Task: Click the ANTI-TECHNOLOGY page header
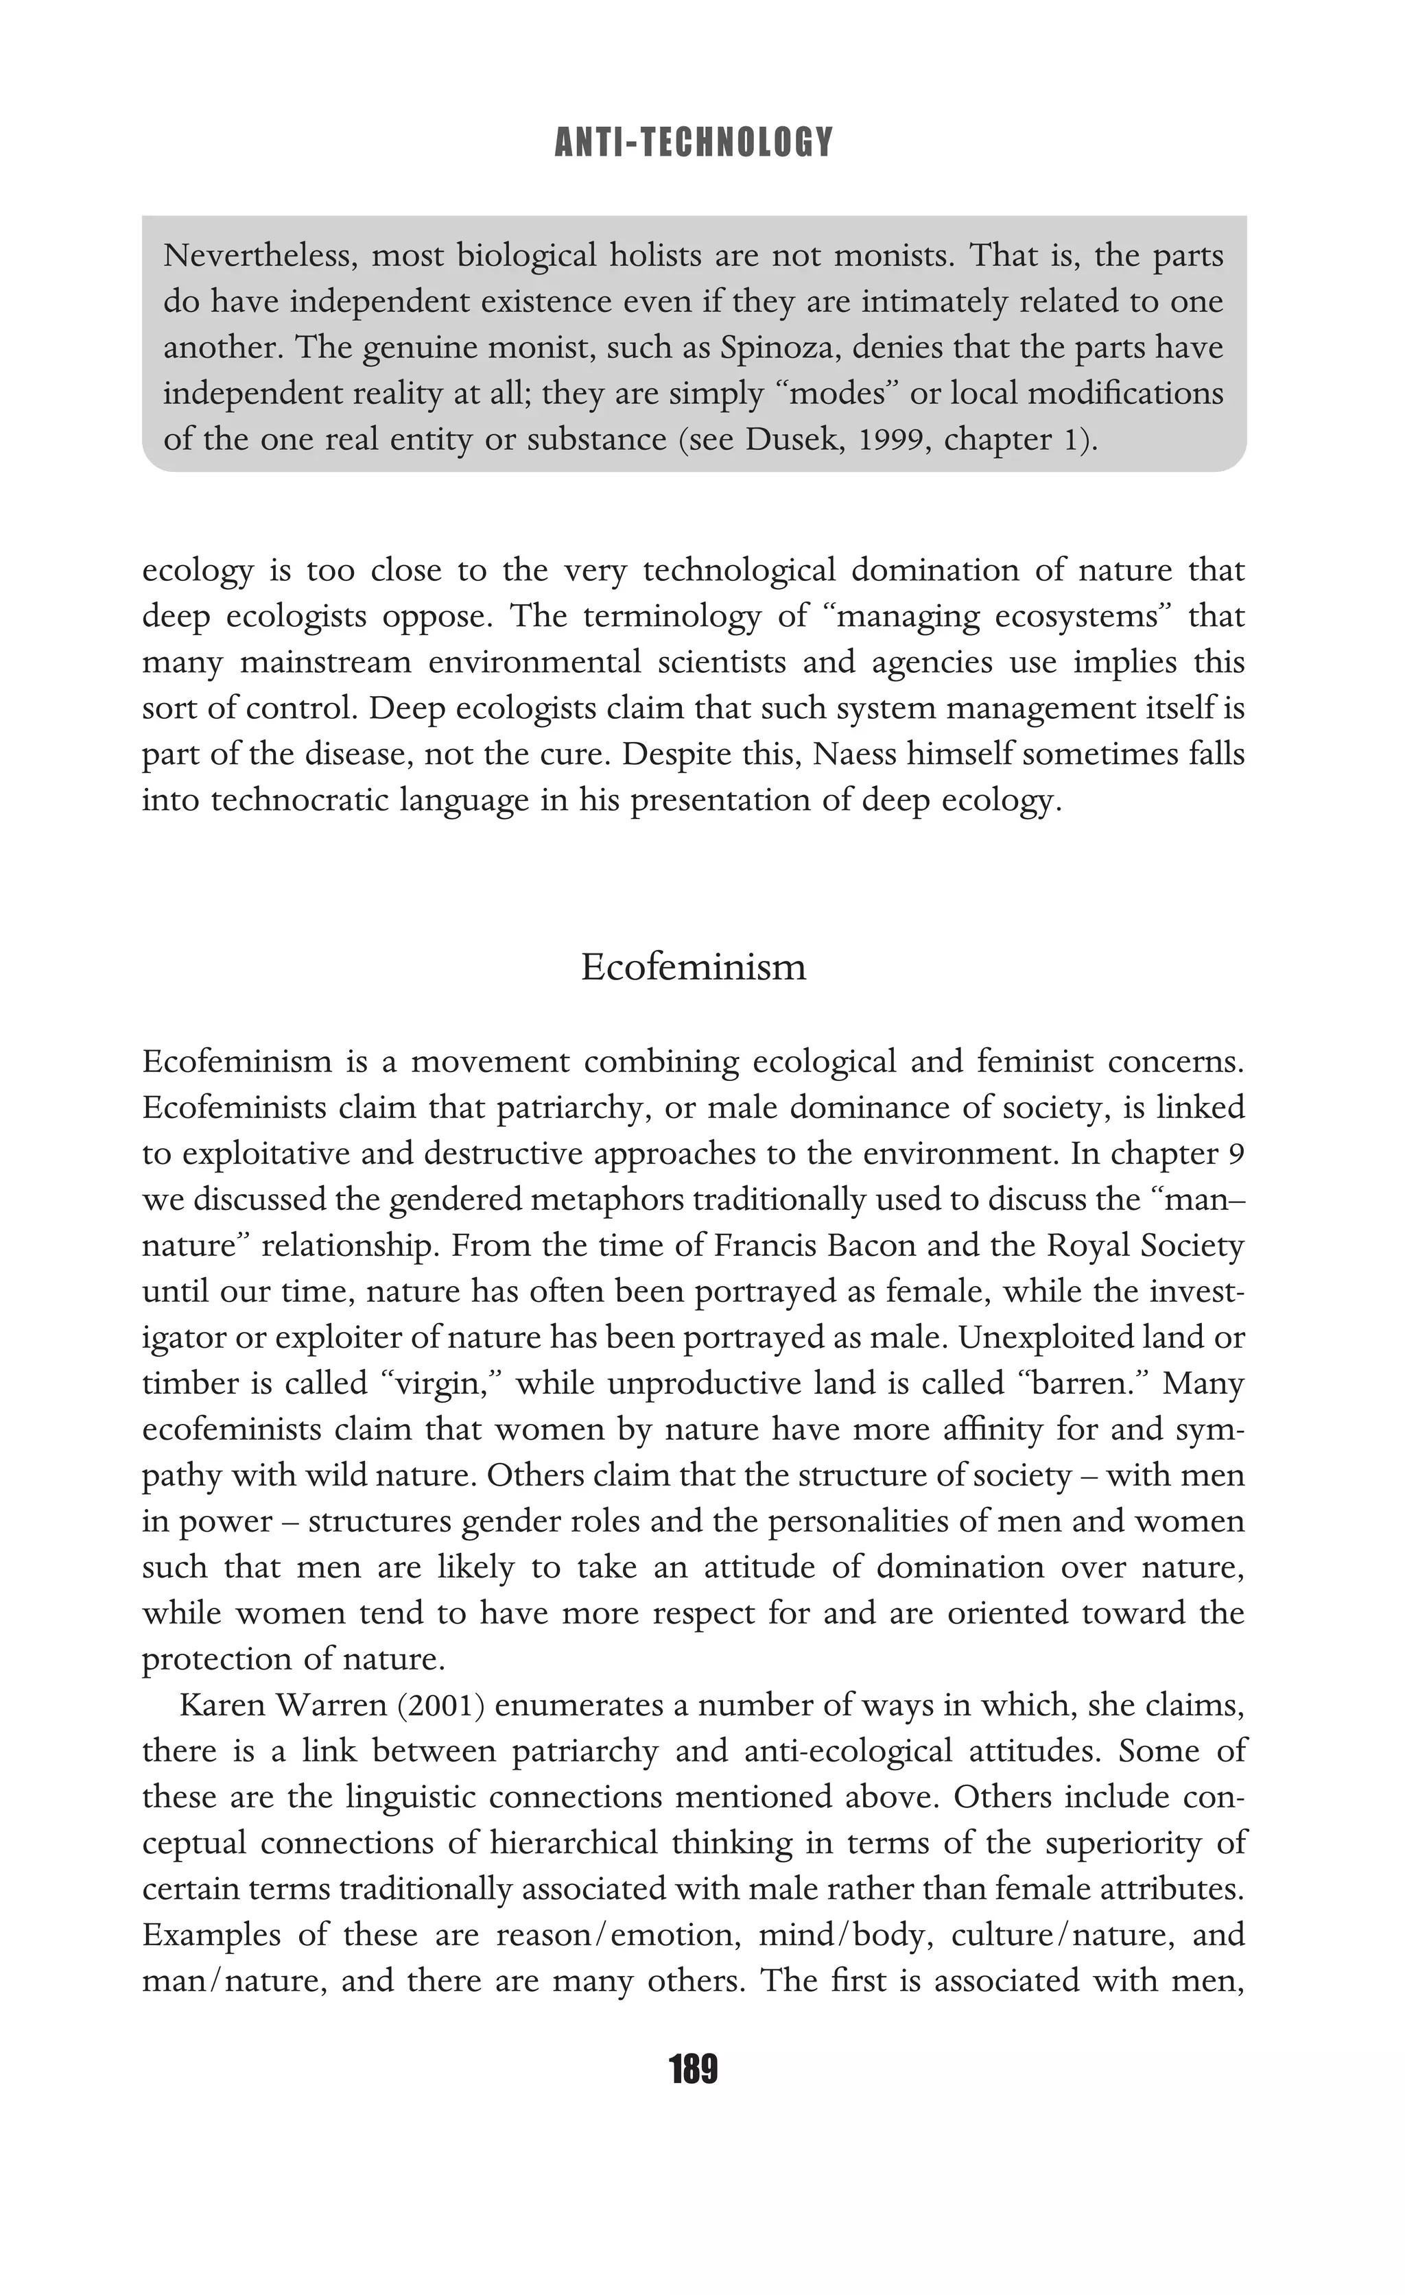(x=693, y=143)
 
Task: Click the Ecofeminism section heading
(x=693, y=967)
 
